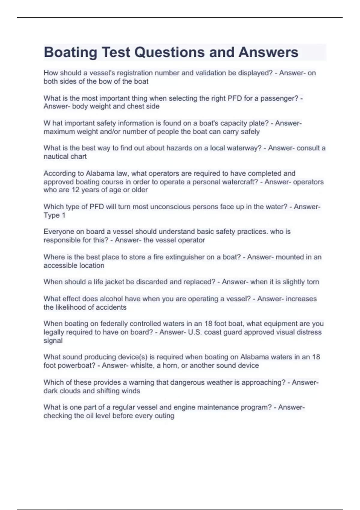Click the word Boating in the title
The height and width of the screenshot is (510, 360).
click(70, 52)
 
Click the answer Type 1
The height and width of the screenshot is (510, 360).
click(54, 215)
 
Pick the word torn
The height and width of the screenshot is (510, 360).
click(313, 282)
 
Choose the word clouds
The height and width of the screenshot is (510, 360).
click(70, 391)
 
